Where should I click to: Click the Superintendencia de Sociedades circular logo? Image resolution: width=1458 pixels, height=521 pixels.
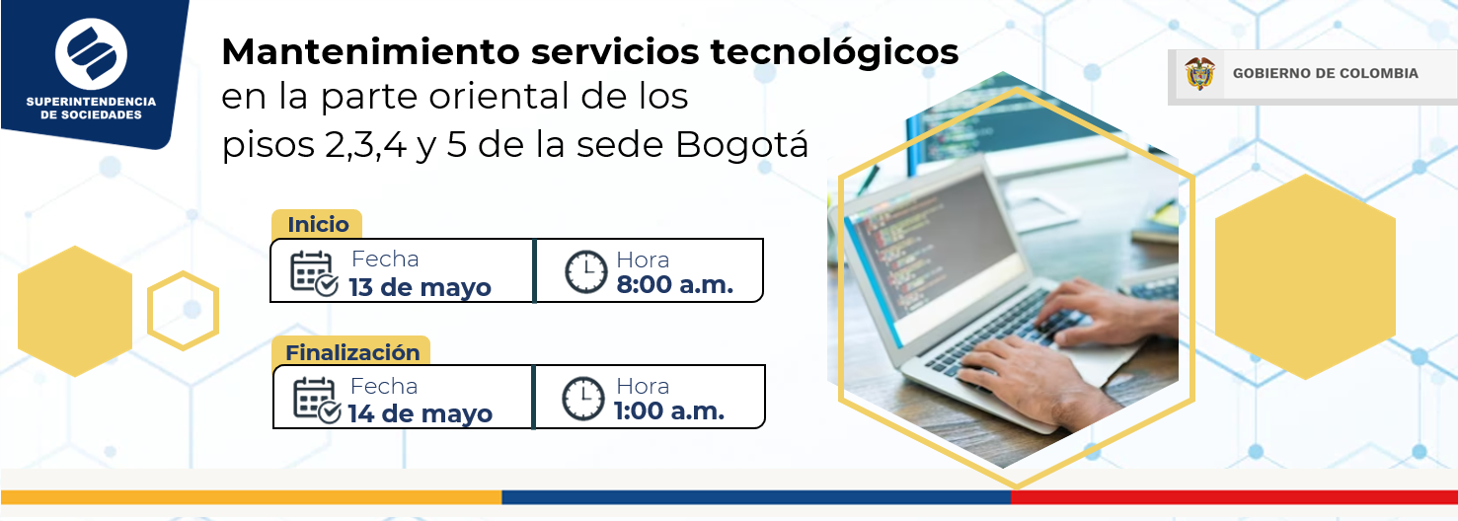click(91, 54)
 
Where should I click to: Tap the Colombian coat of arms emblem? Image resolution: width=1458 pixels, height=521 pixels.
click(1199, 73)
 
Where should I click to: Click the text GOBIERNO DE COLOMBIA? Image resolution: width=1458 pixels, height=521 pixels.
click(1325, 73)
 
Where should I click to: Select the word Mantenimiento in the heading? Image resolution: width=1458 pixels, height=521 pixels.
click(371, 51)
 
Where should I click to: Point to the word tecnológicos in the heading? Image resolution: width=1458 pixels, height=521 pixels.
click(834, 52)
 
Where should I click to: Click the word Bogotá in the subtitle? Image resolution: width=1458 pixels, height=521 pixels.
click(741, 144)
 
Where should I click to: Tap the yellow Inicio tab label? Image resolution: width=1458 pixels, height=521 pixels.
click(317, 224)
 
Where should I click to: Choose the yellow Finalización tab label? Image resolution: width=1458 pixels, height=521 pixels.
click(351, 351)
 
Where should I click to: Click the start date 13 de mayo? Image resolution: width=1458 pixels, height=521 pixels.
click(420, 287)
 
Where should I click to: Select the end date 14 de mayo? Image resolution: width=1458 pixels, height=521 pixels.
click(420, 413)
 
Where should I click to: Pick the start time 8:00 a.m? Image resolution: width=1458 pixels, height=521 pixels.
click(675, 284)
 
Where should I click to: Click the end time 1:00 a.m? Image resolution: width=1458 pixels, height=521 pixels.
click(669, 410)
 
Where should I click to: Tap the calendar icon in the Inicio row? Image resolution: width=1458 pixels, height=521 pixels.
click(314, 274)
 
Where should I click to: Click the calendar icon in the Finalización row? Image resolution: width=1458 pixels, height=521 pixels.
click(317, 401)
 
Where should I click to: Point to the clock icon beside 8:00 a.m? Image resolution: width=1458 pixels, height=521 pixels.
click(585, 272)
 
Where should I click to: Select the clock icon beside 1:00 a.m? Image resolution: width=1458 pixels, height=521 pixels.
click(583, 398)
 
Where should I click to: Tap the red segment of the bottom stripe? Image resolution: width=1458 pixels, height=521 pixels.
click(1234, 497)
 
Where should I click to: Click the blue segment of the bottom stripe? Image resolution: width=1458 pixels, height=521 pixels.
click(756, 497)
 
